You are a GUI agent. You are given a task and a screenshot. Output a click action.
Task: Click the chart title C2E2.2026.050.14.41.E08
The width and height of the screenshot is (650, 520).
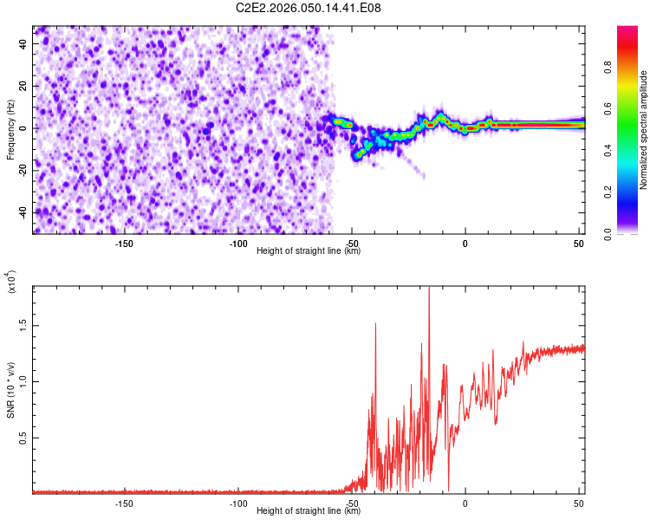(309, 8)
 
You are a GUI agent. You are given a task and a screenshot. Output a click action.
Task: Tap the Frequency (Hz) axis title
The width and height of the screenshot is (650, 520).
(10, 129)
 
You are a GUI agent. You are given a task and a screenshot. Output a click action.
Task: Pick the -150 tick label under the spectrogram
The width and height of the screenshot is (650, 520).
(124, 244)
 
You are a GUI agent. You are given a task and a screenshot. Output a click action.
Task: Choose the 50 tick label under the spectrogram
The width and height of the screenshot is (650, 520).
(578, 244)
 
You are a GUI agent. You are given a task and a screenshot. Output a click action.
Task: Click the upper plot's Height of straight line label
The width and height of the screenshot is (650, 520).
(309, 250)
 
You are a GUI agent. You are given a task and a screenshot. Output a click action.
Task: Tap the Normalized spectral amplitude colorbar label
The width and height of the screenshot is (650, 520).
(644, 130)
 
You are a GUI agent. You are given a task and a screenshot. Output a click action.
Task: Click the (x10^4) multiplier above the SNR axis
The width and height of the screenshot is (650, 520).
(12, 283)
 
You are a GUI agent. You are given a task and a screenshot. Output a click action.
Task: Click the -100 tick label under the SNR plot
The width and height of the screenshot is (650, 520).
(237, 504)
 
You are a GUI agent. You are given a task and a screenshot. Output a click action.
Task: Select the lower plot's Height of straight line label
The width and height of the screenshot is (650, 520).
(309, 510)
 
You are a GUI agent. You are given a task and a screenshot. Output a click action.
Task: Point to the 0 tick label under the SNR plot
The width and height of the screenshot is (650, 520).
(465, 504)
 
